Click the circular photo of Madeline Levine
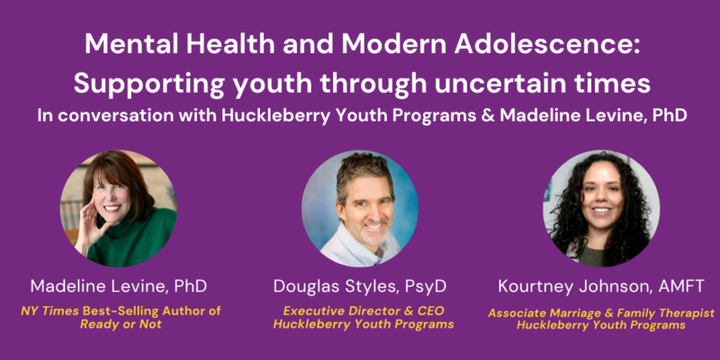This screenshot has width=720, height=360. pyautogui.click(x=119, y=209)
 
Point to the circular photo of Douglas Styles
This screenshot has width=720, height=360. pyautogui.click(x=359, y=209)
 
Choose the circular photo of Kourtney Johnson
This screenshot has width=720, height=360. pyautogui.click(x=601, y=209)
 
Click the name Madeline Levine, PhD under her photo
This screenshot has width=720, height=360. pyautogui.click(x=119, y=286)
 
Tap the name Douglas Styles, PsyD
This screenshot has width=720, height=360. pyautogui.click(x=360, y=286)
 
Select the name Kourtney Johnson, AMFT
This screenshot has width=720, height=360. pyautogui.click(x=601, y=286)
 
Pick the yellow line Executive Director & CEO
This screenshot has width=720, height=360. pyautogui.click(x=364, y=310)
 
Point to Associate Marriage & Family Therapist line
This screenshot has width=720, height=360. pyautogui.click(x=601, y=313)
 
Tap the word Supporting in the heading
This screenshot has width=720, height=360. pyautogui.click(x=149, y=85)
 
